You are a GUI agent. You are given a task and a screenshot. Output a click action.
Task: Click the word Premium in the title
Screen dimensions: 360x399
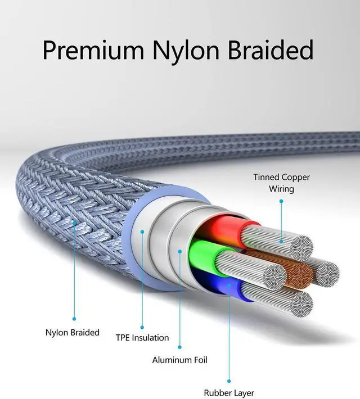[93, 49]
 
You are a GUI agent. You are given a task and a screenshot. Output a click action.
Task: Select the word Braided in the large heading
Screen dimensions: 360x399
[271, 49]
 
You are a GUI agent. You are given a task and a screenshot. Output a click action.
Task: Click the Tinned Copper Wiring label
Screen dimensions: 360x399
[281, 183]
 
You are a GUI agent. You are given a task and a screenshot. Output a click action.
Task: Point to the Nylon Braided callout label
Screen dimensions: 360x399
[73, 333]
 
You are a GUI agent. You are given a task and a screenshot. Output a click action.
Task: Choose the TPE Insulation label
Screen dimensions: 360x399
[142, 338]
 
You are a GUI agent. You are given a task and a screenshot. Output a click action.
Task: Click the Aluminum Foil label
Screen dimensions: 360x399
[179, 360]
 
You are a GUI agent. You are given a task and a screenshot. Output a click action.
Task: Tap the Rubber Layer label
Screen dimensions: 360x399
[229, 393]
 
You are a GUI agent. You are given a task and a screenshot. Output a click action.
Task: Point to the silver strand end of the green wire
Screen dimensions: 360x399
[275, 277]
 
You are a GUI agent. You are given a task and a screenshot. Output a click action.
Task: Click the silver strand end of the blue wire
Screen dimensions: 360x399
[302, 304]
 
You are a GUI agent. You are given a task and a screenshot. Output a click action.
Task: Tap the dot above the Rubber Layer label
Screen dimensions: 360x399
[229, 381]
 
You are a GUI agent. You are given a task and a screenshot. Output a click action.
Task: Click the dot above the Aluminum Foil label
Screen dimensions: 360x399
[179, 347]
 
